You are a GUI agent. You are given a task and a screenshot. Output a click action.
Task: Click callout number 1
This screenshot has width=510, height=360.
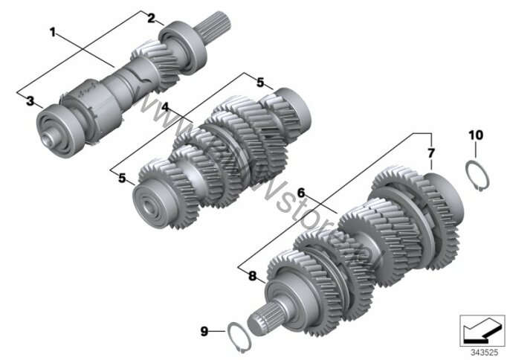coord(54,32)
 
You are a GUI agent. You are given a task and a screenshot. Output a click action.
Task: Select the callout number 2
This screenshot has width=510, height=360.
coord(151,19)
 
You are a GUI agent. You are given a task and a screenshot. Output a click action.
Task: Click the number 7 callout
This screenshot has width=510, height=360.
coord(430,153)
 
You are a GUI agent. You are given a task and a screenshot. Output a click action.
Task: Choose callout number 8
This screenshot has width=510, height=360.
coord(253,276)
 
